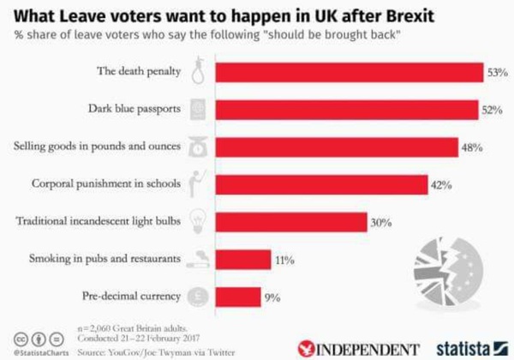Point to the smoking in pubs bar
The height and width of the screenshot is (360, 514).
[x=240, y=259]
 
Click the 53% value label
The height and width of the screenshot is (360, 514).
[x=498, y=73]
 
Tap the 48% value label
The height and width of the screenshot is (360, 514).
[x=472, y=147]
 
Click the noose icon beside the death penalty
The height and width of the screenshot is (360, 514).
[x=198, y=70]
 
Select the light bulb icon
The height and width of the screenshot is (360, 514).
[x=197, y=220]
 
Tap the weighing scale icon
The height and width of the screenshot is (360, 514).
[x=197, y=146]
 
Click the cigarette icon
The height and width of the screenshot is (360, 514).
[x=197, y=258]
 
